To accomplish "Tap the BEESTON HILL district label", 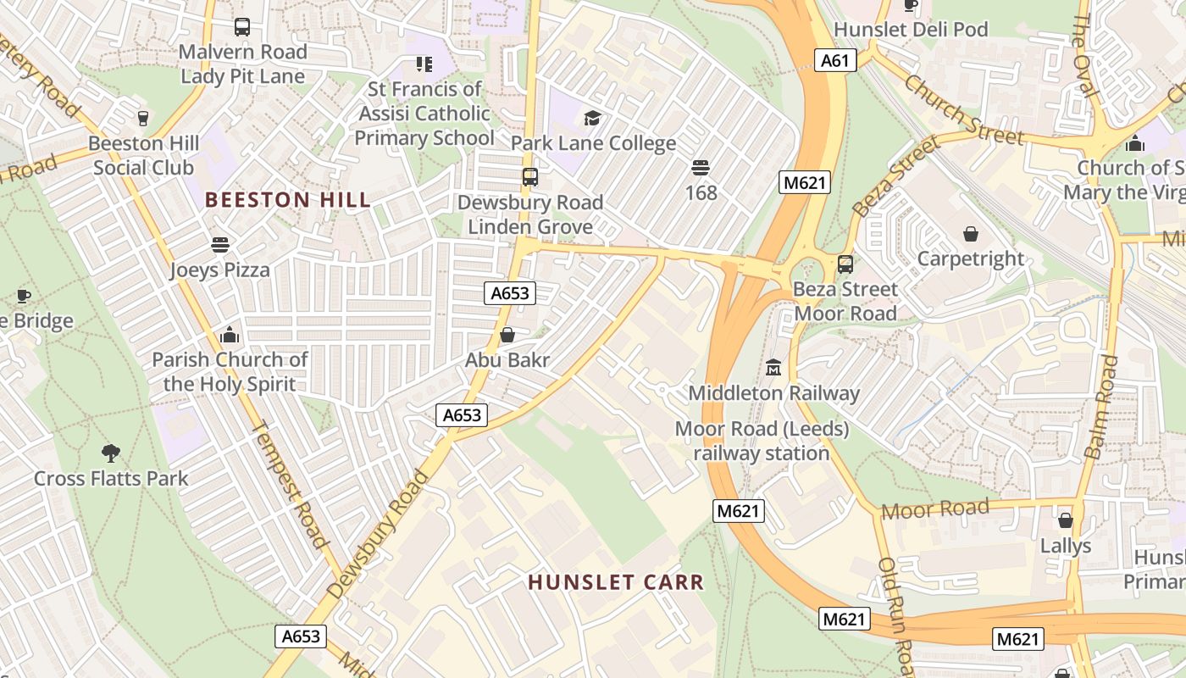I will [x=288, y=200].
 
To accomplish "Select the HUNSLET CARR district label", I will [x=616, y=582].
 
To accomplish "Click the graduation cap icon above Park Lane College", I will [x=592, y=118].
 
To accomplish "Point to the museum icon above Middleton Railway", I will [x=773, y=368].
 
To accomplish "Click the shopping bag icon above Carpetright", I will [x=971, y=233].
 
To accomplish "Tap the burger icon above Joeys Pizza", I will [x=220, y=245].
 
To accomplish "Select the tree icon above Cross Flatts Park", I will [x=110, y=453].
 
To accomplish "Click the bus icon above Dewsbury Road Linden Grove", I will [x=530, y=177].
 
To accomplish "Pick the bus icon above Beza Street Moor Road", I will [x=845, y=264].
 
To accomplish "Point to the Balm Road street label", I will [x=1101, y=407].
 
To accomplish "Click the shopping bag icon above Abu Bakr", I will [x=507, y=336].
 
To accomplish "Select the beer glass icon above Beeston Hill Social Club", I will [x=142, y=118].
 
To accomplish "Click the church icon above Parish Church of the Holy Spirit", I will [x=229, y=335].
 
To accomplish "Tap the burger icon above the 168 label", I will [x=701, y=167].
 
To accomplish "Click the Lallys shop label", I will [x=1066, y=545].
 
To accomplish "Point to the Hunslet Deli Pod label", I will [x=911, y=30].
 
